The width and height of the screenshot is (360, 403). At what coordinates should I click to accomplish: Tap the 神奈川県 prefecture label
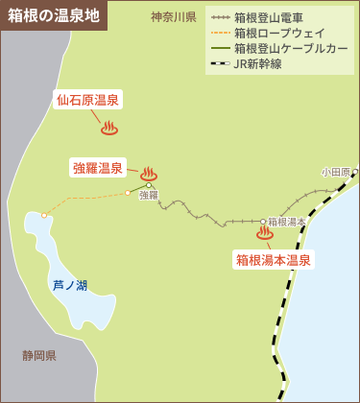tap(174, 17)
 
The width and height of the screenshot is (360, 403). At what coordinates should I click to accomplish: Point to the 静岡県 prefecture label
tap(39, 355)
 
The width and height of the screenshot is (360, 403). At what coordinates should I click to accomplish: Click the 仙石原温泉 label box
tap(87, 100)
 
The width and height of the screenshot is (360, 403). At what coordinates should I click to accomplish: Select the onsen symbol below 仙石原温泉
tap(108, 126)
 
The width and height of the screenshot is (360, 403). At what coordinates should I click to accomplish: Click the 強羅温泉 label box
tap(98, 168)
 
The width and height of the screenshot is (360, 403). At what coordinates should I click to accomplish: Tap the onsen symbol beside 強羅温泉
tap(148, 174)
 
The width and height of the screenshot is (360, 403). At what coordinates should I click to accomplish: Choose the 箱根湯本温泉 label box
tap(274, 259)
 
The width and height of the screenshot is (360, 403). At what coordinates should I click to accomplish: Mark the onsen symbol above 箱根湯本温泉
tap(265, 232)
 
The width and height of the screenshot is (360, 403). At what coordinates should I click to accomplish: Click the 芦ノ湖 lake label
tap(70, 285)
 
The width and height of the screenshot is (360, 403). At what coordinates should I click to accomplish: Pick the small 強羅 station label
tap(148, 195)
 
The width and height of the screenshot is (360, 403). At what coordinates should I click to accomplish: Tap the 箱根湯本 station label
tap(287, 222)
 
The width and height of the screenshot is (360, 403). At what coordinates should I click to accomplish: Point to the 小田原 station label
tap(335, 172)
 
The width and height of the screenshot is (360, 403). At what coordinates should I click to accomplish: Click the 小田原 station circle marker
tap(354, 172)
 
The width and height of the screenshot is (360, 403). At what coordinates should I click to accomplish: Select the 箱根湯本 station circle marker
tap(263, 222)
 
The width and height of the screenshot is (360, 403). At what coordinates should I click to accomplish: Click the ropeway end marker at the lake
tap(44, 215)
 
